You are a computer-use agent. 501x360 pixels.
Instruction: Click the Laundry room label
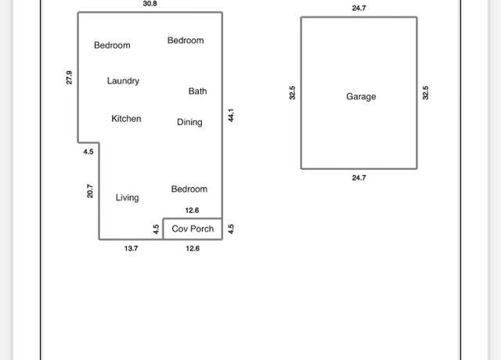pos(123,81)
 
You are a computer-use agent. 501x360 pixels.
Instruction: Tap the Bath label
pos(197,91)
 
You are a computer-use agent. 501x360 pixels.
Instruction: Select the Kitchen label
pos(126,118)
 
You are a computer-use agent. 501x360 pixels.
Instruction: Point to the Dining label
pos(189,122)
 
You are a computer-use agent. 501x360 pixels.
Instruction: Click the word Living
pos(127,198)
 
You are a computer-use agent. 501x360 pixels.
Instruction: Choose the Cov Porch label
pos(193,229)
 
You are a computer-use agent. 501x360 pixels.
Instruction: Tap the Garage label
pos(361,97)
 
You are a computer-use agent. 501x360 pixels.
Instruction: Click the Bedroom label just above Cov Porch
pos(189,189)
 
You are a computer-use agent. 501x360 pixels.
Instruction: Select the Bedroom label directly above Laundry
pos(112,45)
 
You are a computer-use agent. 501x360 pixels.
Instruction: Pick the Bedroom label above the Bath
pos(186,40)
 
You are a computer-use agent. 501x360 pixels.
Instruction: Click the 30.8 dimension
pos(150,3)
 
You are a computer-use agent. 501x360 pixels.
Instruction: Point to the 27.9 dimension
pos(69,77)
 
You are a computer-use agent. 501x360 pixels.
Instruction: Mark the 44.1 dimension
pos(231,115)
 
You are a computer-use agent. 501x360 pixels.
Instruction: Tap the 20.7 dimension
pos(90,191)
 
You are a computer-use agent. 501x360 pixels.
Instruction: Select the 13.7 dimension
pos(131,248)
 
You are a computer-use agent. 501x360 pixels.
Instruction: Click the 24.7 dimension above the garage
pos(359,8)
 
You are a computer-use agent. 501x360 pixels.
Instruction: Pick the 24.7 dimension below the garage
pos(359,178)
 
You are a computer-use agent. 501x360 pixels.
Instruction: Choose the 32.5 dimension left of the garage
pos(292,93)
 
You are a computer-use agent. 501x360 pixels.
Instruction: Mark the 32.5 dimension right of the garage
pos(425,93)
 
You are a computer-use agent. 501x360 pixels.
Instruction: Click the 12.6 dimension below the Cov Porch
pos(193,248)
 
